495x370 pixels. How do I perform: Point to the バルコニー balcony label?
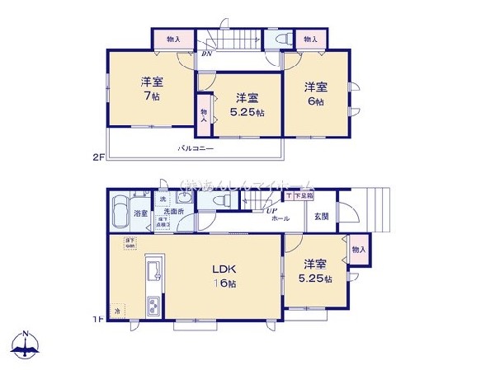point(198,149)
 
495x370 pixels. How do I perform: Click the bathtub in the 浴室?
point(120,207)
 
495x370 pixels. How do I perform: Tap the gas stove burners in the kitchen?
point(153,307)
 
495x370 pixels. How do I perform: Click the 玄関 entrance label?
point(321,216)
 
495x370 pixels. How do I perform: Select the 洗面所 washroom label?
point(162,212)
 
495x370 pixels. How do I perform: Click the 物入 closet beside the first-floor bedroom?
point(358,249)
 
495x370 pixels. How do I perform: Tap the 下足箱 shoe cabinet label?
point(295,196)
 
